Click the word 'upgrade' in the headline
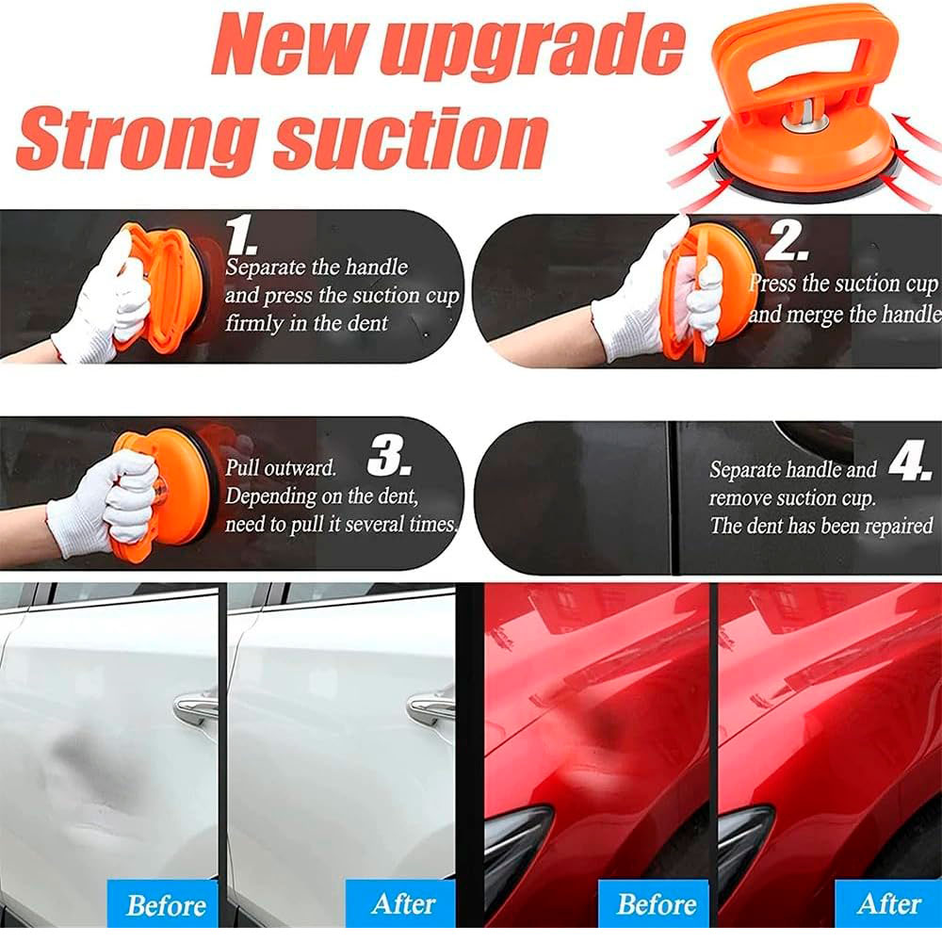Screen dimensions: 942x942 533,47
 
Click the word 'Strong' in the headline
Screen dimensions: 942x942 138,142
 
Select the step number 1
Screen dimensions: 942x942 241,235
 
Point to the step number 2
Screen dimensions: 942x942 786,241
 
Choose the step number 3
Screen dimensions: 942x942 389,456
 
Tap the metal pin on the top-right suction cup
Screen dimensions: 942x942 805,115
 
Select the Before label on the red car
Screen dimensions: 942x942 656,903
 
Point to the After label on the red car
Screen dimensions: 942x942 889,903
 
